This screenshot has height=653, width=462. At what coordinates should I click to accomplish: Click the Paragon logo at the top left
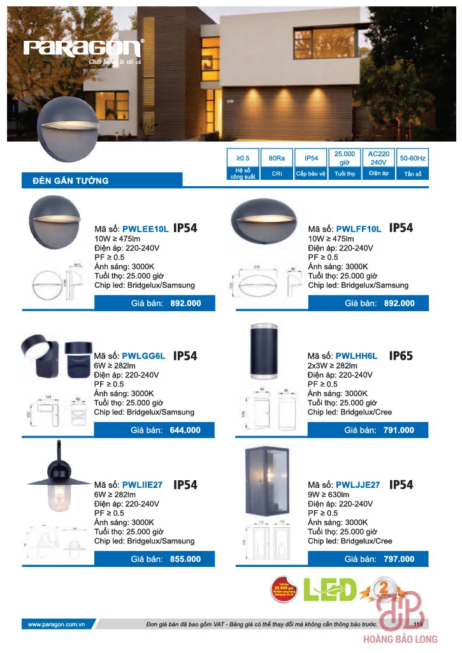point(83,48)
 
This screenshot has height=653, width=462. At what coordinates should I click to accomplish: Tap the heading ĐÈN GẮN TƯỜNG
point(71,180)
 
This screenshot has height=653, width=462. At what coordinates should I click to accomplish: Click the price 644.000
point(185,430)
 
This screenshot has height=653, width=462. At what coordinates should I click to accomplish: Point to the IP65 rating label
point(401,356)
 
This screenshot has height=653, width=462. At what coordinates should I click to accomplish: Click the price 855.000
point(185,559)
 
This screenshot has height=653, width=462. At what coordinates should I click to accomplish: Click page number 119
point(418,624)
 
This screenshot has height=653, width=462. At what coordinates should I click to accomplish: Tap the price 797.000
point(398,559)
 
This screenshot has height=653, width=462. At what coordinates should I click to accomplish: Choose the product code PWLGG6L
point(143,356)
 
